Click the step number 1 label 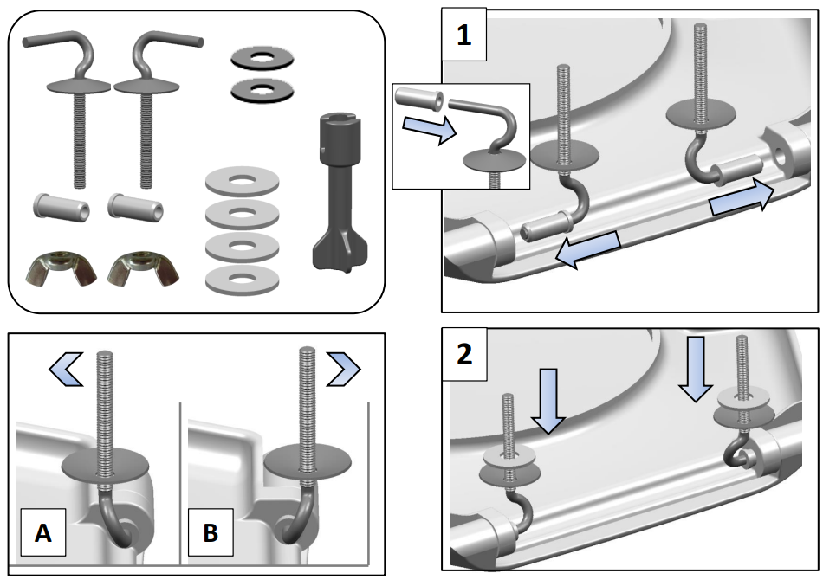tap(464, 37)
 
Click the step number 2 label tap(464, 355)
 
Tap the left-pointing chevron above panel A tap(67, 370)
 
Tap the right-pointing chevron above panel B tap(342, 370)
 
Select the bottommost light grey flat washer tap(242, 278)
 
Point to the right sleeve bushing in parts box tap(133, 208)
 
